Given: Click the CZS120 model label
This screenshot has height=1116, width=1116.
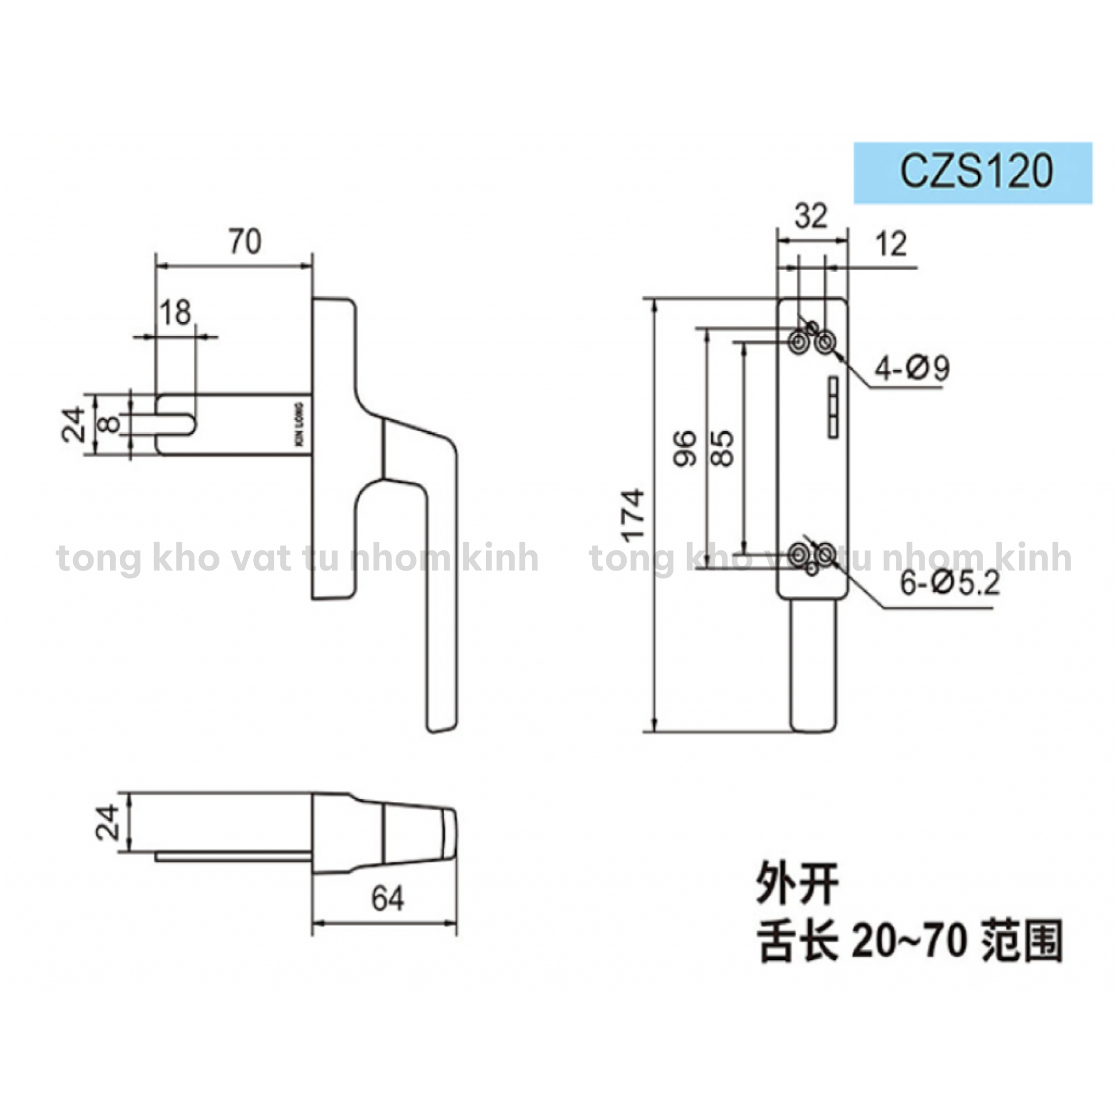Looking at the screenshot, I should (x=976, y=171).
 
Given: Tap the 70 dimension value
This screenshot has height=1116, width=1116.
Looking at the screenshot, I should (x=245, y=242).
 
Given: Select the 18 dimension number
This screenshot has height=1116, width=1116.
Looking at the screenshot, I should (x=175, y=312).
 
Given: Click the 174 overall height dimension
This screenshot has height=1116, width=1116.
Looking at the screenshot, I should (x=634, y=514).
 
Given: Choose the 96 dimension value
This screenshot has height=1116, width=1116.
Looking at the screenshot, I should (x=685, y=448).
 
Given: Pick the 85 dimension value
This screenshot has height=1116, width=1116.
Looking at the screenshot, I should (x=722, y=448).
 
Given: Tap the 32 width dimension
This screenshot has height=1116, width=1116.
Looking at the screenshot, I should (x=811, y=216).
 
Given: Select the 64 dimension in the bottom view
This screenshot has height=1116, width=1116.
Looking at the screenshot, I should (x=388, y=899).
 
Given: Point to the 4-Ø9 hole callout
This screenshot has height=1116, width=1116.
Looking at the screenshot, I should (x=911, y=368).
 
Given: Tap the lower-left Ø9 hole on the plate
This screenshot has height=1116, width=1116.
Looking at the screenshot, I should (x=799, y=554).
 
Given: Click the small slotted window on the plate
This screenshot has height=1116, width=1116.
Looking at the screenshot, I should (x=833, y=408).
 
